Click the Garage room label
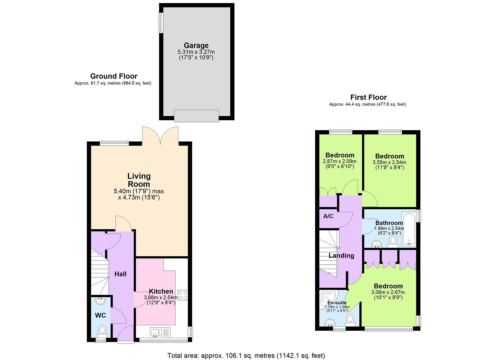click(x=196, y=45)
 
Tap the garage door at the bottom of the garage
click(x=196, y=116)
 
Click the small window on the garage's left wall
click(x=161, y=23)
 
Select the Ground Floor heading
click(x=114, y=76)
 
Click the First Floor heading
click(x=368, y=97)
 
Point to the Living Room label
click(x=139, y=180)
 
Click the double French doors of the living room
click(x=160, y=136)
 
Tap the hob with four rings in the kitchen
click(x=182, y=295)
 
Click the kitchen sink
click(x=156, y=332)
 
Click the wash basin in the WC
click(x=100, y=301)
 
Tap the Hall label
click(x=120, y=274)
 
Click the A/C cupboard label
click(x=328, y=216)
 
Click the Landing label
click(x=341, y=256)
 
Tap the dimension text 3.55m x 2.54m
click(x=389, y=162)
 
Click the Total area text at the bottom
click(x=246, y=355)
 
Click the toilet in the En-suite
click(x=350, y=319)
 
